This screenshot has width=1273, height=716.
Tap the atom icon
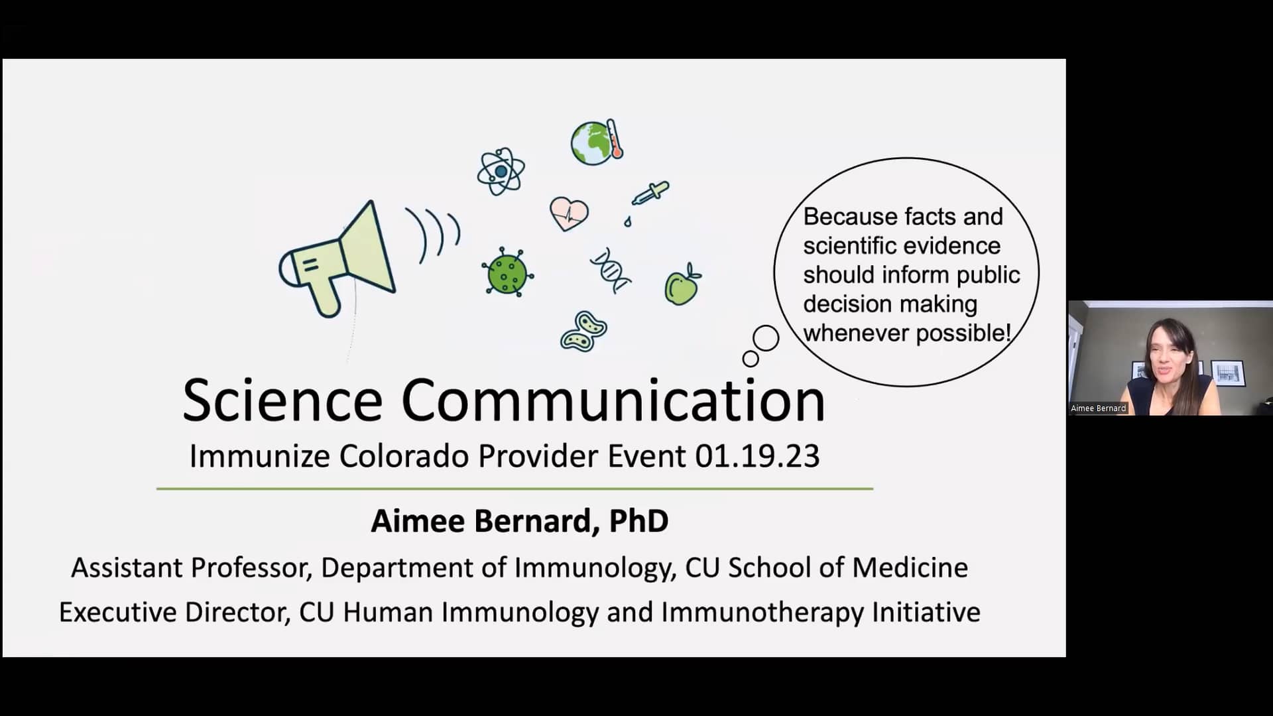tap(501, 172)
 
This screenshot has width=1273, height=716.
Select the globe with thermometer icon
tap(595, 142)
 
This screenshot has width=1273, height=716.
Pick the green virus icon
tap(507, 272)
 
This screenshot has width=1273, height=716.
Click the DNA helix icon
tap(611, 270)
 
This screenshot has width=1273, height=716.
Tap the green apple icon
tap(682, 285)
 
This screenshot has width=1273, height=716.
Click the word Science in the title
tap(282, 400)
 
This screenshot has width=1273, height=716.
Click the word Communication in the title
tap(613, 400)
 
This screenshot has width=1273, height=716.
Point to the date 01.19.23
tap(757, 456)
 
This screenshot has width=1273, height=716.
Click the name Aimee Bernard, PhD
tap(519, 521)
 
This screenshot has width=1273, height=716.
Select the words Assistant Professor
tap(191, 567)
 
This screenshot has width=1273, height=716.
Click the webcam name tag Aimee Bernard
tap(1098, 408)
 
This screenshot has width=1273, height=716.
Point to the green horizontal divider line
tap(515, 489)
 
